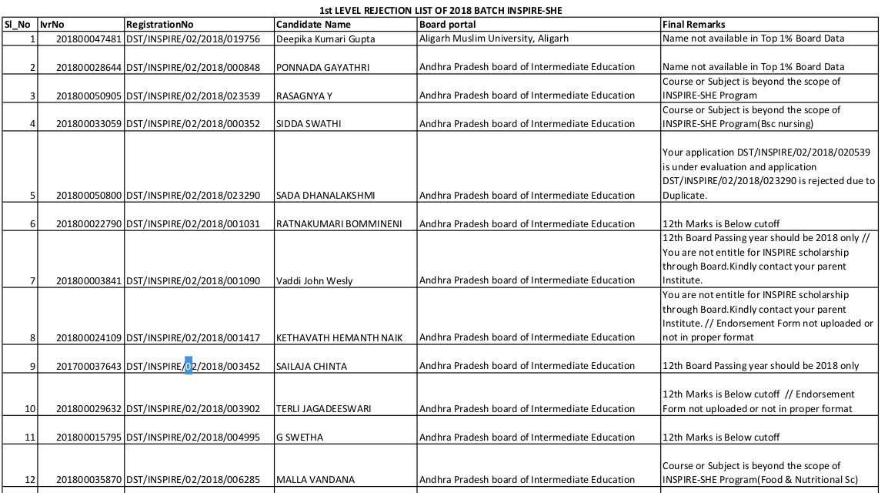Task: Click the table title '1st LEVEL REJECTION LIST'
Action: pyautogui.click(x=446, y=10)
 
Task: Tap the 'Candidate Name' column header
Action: pyautogui.click(x=313, y=24)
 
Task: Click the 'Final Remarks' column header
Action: pyautogui.click(x=693, y=24)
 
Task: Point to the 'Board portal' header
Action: pyautogui.click(x=447, y=24)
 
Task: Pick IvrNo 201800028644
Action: pyautogui.click(x=88, y=67)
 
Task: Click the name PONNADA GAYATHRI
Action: pyautogui.click(x=322, y=67)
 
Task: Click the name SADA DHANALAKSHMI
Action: pyautogui.click(x=325, y=195)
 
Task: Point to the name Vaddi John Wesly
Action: pyautogui.click(x=314, y=280)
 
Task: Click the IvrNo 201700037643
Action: pyautogui.click(x=88, y=366)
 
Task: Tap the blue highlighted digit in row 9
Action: pyautogui.click(x=188, y=366)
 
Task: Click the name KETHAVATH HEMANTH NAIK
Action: pyautogui.click(x=339, y=337)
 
